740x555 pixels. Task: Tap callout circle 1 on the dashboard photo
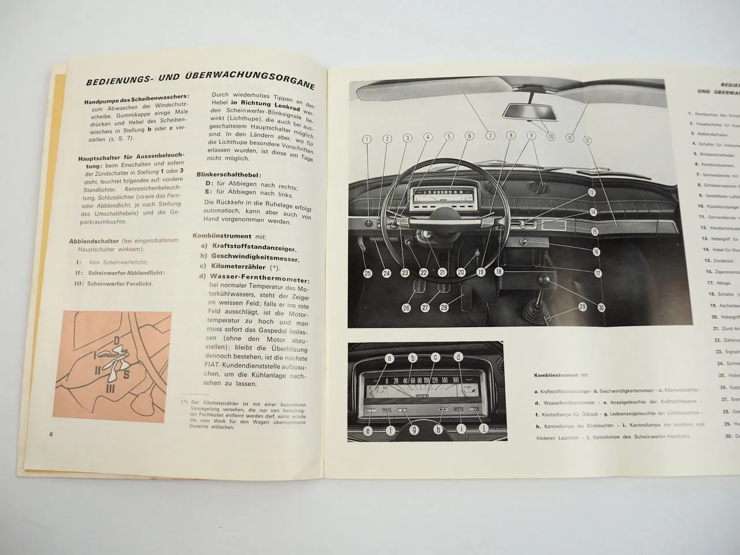tap(367, 139)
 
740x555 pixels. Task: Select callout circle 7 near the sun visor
tap(490, 136)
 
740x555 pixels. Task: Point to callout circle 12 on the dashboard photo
tap(587, 139)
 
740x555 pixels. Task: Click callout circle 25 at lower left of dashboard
tap(368, 273)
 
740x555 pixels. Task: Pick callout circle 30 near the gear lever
tap(601, 308)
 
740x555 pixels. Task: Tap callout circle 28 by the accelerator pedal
tap(444, 308)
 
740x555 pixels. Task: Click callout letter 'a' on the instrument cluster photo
tap(390, 358)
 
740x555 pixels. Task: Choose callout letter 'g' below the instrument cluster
tap(414, 429)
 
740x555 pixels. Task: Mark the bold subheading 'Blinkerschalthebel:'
tap(228, 174)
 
